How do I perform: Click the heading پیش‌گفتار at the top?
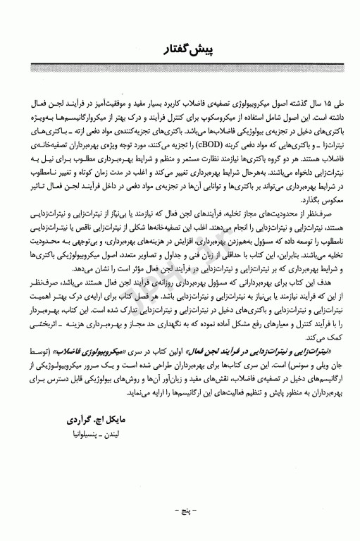click(180, 50)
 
